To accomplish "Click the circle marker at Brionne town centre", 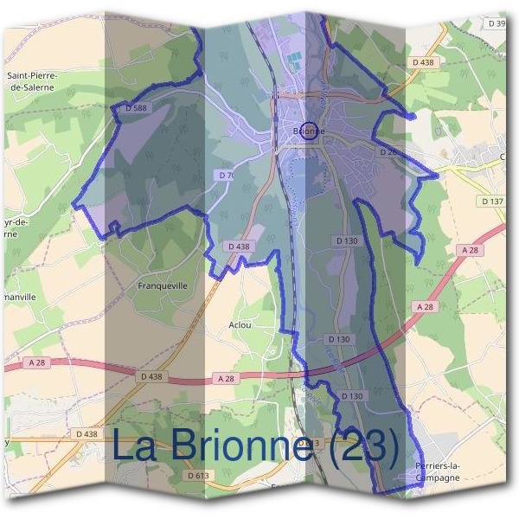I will (310, 131).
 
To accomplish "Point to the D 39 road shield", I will (497, 23).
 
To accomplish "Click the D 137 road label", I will (490, 202).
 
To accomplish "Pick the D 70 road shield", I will (227, 175).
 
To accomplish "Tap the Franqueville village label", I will (163, 284).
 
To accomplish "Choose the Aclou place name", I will (240, 325).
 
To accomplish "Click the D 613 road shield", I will (199, 475).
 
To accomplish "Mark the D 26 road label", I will (388, 151).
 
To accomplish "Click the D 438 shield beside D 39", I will (423, 62).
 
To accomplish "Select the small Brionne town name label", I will (310, 131).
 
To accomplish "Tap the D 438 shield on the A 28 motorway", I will (151, 377).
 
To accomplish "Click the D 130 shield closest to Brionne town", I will (345, 240).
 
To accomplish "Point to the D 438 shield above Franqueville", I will (240, 247).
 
